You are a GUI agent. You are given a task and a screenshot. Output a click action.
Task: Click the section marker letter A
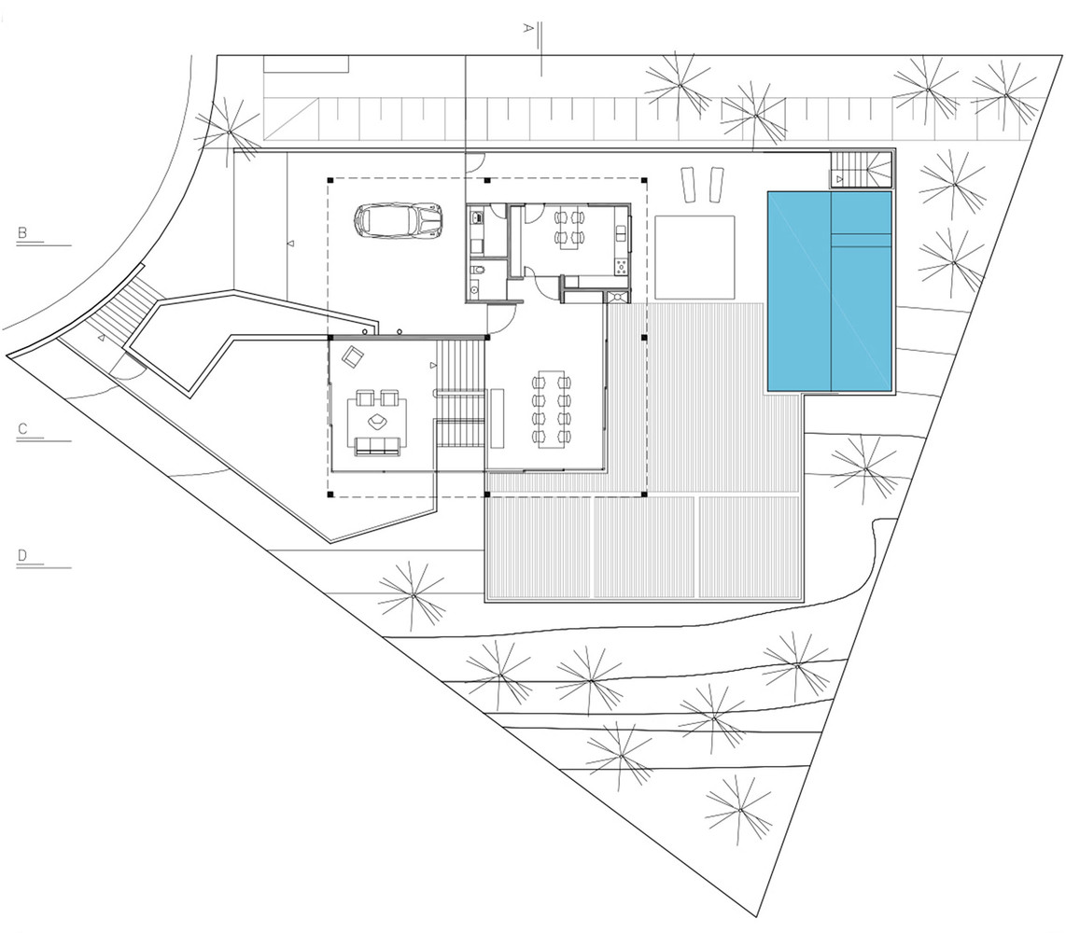pos(527,28)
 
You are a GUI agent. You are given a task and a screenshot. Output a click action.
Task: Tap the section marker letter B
pos(22,232)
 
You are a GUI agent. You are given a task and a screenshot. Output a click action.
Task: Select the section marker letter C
pos(22,429)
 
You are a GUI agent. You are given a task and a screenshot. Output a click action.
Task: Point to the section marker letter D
pos(22,555)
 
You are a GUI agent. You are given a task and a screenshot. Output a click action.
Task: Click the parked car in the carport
pos(398,220)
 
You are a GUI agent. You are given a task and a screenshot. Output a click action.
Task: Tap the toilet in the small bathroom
pos(479,270)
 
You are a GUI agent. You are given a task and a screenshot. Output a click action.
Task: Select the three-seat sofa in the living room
pos(376,446)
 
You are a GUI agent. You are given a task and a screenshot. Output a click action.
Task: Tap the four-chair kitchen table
pos(569,228)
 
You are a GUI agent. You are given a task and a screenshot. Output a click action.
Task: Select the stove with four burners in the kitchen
pos(621,267)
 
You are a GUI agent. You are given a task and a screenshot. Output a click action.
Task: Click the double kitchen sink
pos(621,233)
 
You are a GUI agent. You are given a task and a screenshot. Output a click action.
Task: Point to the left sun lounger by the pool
pos(687,184)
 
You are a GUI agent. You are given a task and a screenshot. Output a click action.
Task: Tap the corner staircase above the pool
pos(860,169)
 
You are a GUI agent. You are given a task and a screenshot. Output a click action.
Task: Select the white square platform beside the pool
pos(694,257)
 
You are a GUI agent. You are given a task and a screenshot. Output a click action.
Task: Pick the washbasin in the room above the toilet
pos(477,218)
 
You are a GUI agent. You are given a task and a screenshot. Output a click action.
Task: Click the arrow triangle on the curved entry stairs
pos(101,338)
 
